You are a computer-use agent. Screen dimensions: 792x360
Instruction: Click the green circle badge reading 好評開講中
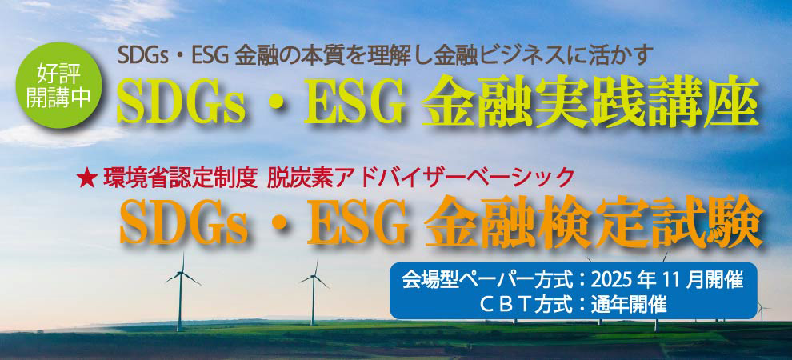pyautogui.click(x=59, y=86)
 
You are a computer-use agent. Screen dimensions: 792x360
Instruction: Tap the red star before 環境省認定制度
pyautogui.click(x=87, y=178)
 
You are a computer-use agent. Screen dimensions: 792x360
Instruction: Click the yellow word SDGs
pyautogui.click(x=182, y=99)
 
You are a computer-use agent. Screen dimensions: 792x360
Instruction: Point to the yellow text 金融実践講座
pyautogui.click(x=590, y=100)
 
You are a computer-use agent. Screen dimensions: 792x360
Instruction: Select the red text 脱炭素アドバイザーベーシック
pyautogui.click(x=421, y=178)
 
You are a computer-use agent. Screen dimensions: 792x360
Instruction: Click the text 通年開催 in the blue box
pyautogui.click(x=629, y=305)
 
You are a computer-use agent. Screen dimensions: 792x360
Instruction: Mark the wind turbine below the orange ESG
pyautogui.click(x=314, y=293)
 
